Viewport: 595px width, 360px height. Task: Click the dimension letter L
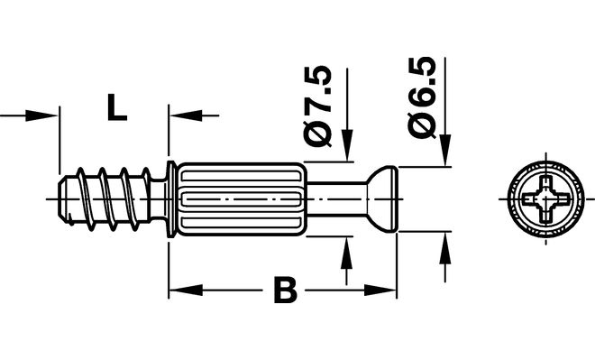[x=116, y=108]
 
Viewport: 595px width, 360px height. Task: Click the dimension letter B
[x=285, y=291]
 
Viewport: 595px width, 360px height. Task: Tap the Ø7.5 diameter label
[x=317, y=106]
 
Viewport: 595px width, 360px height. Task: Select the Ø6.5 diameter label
[x=421, y=97]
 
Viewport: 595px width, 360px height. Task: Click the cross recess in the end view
[x=545, y=198]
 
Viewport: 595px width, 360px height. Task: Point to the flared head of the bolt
[x=381, y=198]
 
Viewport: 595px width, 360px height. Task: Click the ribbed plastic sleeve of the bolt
[x=241, y=199]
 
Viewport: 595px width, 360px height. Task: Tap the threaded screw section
[x=105, y=198]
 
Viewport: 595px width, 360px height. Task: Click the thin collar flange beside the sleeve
[x=171, y=199]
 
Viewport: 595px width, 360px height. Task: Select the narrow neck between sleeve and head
[x=336, y=198]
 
